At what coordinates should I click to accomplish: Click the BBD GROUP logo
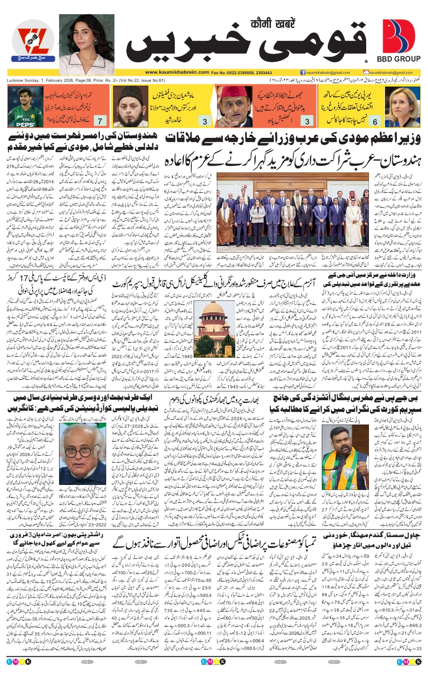pos(398,41)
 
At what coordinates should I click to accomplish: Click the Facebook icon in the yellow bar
pos(303,72)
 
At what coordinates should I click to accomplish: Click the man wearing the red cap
pos(233,107)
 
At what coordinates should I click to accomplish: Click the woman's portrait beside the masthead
pos(87,44)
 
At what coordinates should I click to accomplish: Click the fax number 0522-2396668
pos(246,72)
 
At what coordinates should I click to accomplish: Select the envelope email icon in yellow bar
pos(365,72)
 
